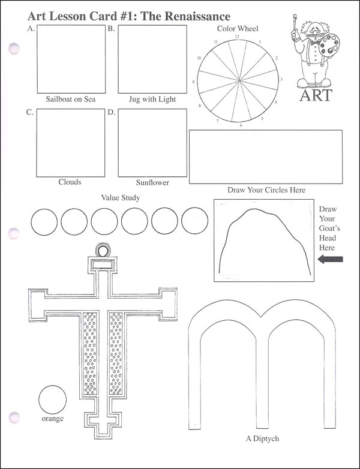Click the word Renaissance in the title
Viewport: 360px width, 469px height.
[197, 16]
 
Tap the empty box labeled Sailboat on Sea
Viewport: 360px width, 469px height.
[71, 59]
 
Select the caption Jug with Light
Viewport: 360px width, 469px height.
[152, 100]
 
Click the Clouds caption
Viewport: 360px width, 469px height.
[70, 182]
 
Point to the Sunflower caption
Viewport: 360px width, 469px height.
[152, 182]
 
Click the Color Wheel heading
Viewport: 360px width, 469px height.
[238, 28]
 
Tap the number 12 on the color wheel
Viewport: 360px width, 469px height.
[237, 37]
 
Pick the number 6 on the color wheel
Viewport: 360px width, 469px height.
[241, 125]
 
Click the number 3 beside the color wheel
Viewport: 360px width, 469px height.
[281, 80]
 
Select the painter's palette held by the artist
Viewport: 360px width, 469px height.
[329, 45]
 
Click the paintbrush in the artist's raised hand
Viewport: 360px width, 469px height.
[295, 22]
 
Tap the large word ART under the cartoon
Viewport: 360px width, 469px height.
[316, 95]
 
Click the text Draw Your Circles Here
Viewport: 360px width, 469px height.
[266, 190]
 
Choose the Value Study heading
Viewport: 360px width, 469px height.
[120, 198]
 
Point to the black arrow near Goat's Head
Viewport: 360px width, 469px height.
[330, 259]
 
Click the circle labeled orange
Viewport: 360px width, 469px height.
[52, 399]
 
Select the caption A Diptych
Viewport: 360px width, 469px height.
[262, 439]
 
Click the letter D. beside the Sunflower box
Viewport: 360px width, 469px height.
[112, 113]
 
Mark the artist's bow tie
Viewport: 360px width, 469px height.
[314, 43]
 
